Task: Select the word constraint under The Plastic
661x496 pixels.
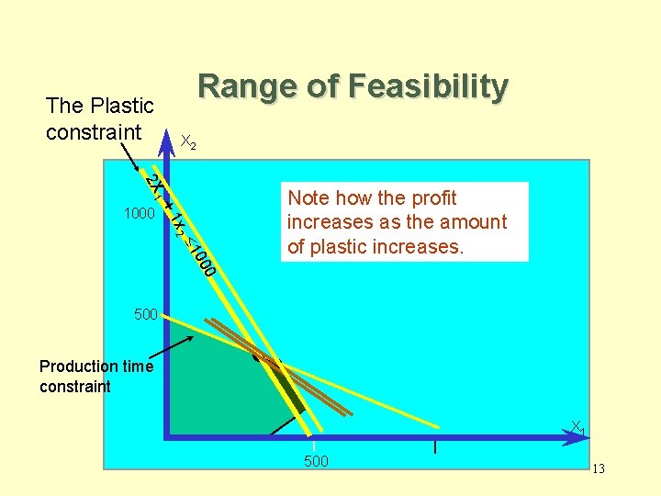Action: [94, 132]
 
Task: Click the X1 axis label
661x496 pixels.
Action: [577, 427]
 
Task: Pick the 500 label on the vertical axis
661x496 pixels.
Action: [146, 315]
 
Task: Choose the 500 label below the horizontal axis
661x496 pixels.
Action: [316, 460]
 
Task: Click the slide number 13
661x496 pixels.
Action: [599, 469]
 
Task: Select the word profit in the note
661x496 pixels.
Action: [430, 198]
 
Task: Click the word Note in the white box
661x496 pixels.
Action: [308, 198]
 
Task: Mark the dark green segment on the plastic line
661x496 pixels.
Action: [291, 391]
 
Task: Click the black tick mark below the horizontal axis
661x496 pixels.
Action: [434, 447]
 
